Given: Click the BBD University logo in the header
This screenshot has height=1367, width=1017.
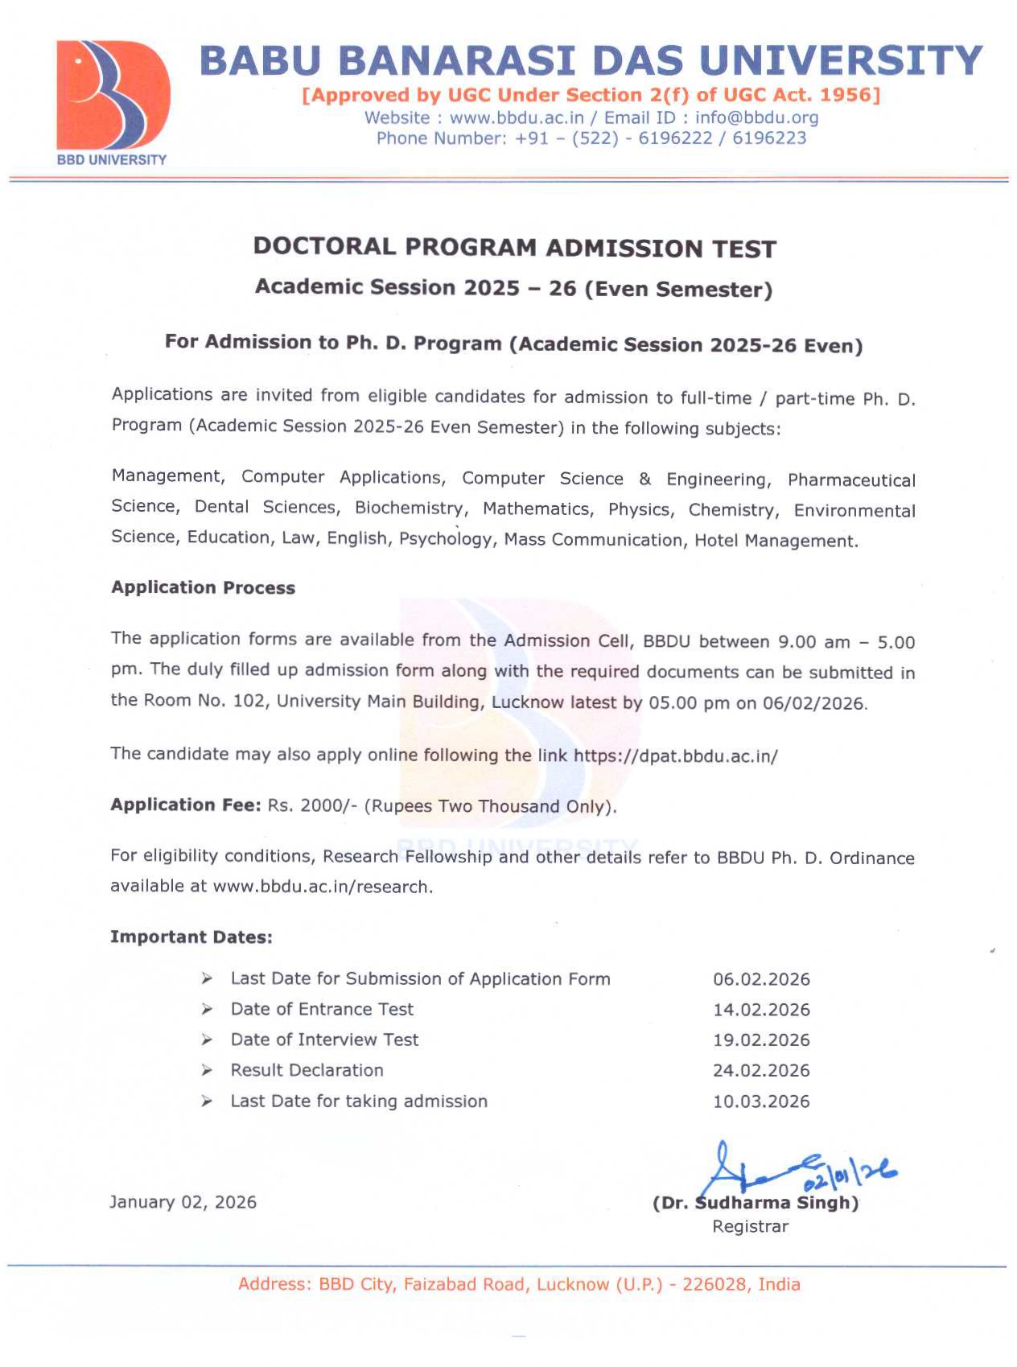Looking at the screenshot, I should pyautogui.click(x=112, y=101).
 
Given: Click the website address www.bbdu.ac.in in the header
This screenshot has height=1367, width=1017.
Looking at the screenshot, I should pyautogui.click(x=517, y=117).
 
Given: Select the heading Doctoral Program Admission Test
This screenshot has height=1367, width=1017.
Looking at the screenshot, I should pyautogui.click(x=514, y=247).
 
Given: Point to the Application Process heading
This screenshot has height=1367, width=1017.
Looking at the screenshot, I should pyautogui.click(x=203, y=587).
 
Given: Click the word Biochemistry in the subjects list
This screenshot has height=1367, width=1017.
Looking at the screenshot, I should pyautogui.click(x=410, y=508).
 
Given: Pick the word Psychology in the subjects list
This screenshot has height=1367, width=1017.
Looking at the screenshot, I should pyautogui.click(x=446, y=538).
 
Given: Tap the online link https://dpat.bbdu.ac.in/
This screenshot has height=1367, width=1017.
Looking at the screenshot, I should pyautogui.click(x=675, y=756).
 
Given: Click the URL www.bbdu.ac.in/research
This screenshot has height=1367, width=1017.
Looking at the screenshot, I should pyautogui.click(x=321, y=887).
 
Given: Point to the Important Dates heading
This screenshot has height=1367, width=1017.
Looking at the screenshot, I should pyautogui.click(x=191, y=937).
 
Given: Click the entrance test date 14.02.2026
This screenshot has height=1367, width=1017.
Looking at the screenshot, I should pyautogui.click(x=761, y=1010).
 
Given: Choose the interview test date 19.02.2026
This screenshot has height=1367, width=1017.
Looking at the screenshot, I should pyautogui.click(x=761, y=1040).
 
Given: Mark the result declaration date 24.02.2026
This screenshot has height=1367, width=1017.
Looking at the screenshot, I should pyautogui.click(x=761, y=1071).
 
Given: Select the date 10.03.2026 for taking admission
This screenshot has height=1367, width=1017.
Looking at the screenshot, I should pyautogui.click(x=761, y=1101).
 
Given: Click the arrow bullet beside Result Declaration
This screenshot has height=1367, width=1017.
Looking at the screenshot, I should pyautogui.click(x=207, y=1070).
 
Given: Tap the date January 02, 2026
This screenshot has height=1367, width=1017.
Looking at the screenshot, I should pyautogui.click(x=183, y=1202).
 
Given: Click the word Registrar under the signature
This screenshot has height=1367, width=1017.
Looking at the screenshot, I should pyautogui.click(x=750, y=1226).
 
